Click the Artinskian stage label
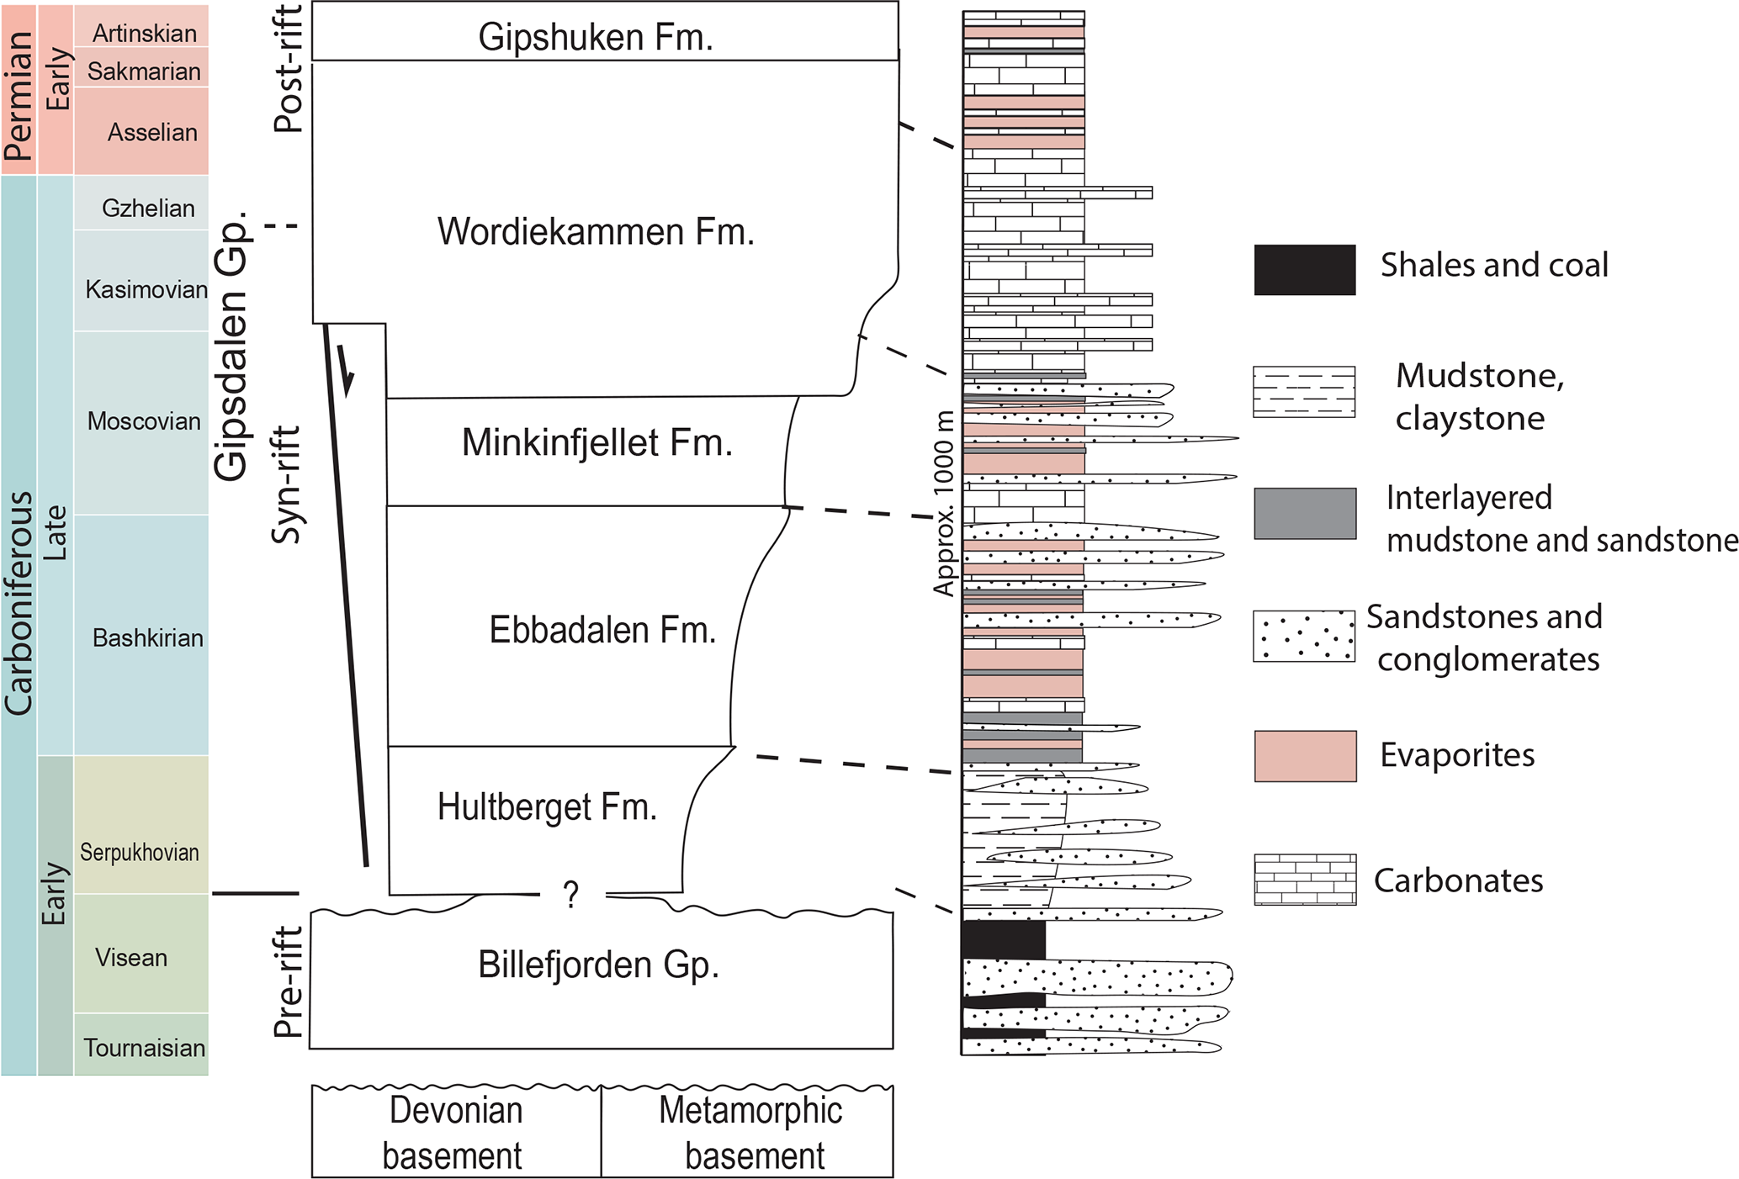pyautogui.click(x=144, y=33)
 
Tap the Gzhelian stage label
pyautogui.click(x=148, y=208)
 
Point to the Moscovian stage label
pyautogui.click(x=144, y=421)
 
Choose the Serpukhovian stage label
pyautogui.click(x=140, y=852)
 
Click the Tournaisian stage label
pyautogui.click(x=144, y=1048)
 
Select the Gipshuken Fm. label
pyautogui.click(x=596, y=37)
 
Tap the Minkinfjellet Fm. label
pyautogui.click(x=596, y=443)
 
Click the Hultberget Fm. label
pyautogui.click(x=547, y=807)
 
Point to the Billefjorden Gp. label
pyautogui.click(x=598, y=965)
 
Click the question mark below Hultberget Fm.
pyautogui.click(x=571, y=895)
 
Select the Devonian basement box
pyautogui.click(x=455, y=1132)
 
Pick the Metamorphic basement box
pyautogui.click(x=749, y=1132)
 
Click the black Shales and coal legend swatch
pyautogui.click(x=1304, y=270)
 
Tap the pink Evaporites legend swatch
pyautogui.click(x=1304, y=756)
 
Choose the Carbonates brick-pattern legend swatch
pyautogui.click(x=1304, y=880)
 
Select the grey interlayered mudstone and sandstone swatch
pyautogui.click(x=1304, y=513)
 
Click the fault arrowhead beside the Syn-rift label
pyautogui.click(x=347, y=378)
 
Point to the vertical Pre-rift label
pyautogui.click(x=289, y=981)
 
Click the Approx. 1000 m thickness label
pyautogui.click(x=944, y=503)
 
